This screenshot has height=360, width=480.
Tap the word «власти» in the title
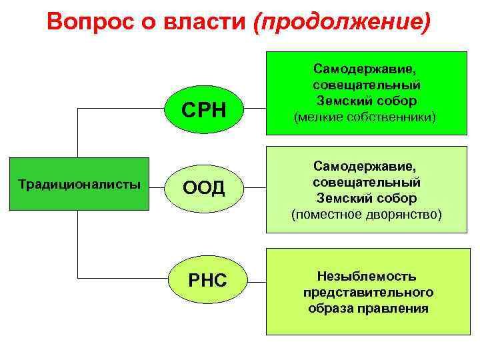203,22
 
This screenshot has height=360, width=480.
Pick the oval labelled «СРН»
205,109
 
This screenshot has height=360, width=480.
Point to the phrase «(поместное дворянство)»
366,214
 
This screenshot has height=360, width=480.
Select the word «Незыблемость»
368,275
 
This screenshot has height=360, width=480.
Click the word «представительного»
368,292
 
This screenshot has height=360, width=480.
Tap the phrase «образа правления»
368,309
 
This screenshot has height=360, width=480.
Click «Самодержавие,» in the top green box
366,69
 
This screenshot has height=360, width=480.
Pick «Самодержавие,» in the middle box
366,166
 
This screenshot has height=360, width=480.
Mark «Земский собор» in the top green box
366,101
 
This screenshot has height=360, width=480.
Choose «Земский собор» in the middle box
366,198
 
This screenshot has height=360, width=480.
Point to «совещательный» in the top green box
366,85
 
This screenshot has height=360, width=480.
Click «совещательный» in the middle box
366,182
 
